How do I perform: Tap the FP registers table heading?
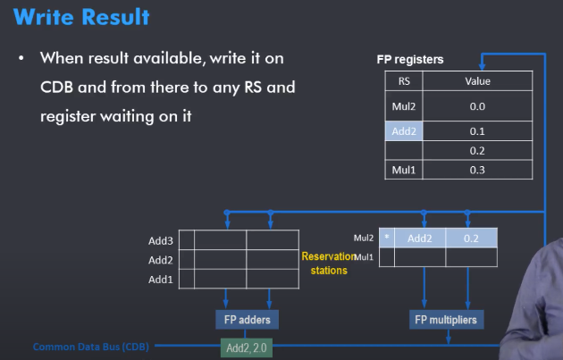coord(409,60)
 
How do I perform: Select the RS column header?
coord(403,81)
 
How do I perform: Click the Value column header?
coord(477,81)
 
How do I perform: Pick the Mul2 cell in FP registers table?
coord(403,105)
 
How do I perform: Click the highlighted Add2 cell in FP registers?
coord(403,130)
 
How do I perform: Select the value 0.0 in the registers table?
coord(477,105)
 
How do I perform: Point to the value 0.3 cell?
coord(477,169)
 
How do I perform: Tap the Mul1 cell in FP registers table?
coord(403,169)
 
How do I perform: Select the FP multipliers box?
coord(445,319)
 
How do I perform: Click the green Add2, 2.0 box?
coord(247,347)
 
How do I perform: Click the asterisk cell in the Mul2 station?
coord(386,239)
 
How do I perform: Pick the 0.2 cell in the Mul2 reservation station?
coord(471,239)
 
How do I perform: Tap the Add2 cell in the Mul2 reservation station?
coord(420,239)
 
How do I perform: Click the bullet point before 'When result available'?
coord(21,58)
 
